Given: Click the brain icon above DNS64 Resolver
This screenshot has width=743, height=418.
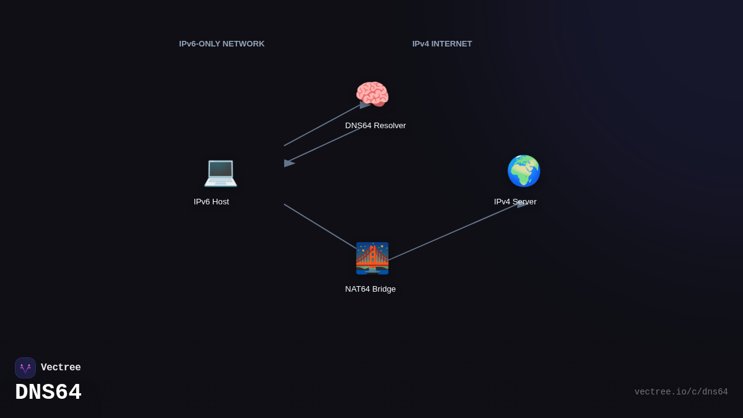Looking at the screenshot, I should [372, 95].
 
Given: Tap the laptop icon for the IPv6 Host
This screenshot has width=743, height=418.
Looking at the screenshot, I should [220, 172].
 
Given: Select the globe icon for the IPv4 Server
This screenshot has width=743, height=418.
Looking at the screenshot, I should [524, 171].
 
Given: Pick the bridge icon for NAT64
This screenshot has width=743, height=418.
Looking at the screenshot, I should [372, 258].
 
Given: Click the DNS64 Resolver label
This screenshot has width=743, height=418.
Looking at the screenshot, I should [375, 126].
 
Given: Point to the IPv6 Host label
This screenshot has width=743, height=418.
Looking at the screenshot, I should [211, 202].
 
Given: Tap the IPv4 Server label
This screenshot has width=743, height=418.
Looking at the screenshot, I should [515, 202].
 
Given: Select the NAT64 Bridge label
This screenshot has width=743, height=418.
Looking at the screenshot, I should [370, 289].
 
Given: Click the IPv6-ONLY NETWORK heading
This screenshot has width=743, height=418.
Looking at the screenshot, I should [222, 44].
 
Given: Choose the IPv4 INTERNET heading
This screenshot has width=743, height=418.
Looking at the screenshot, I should [442, 44].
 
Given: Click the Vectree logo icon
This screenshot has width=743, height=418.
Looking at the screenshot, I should [25, 368].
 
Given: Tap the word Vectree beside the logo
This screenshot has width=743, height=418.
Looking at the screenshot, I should [61, 368].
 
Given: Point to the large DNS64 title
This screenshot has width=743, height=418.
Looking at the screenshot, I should [48, 393].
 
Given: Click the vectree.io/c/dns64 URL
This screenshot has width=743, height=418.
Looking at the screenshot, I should [681, 392].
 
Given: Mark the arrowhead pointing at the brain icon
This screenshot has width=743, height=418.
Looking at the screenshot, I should [365, 105].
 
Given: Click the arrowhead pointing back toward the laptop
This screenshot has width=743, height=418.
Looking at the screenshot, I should [289, 163].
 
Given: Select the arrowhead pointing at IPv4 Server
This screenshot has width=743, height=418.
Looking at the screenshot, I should [523, 204].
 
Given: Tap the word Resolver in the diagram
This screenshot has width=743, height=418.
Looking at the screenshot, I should [389, 126].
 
